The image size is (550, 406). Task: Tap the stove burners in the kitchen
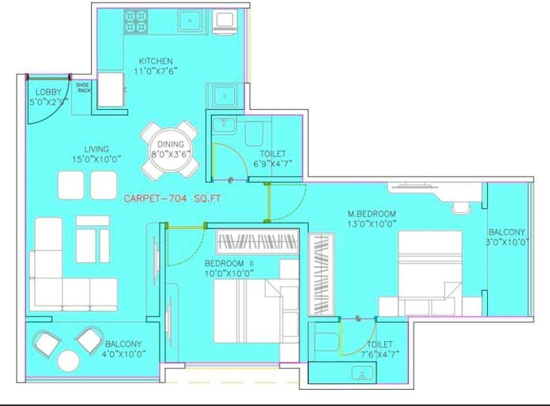(136, 20)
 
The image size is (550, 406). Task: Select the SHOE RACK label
(83, 88)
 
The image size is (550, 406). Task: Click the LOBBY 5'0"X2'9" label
(48, 96)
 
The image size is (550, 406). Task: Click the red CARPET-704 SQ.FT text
(173, 199)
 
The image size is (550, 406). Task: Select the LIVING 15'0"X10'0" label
(96, 154)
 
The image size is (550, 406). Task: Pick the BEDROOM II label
(229, 268)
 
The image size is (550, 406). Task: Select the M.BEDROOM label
(372, 218)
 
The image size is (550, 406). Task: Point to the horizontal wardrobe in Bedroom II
(257, 241)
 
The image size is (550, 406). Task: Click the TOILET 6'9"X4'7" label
(272, 158)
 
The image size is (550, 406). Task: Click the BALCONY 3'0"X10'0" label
(507, 237)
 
